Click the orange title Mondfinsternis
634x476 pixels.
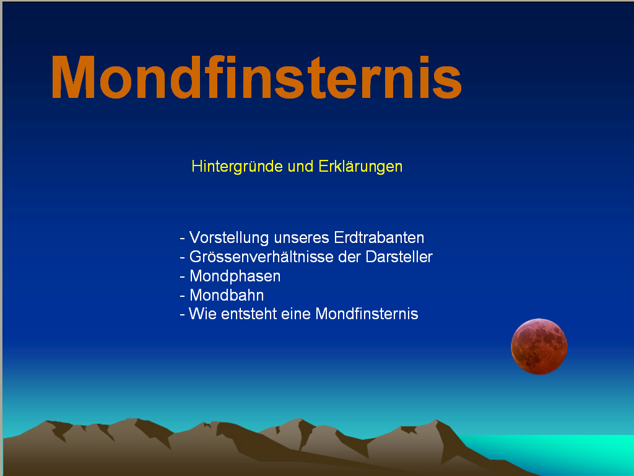(x=256, y=77)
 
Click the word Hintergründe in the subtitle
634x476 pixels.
(x=237, y=167)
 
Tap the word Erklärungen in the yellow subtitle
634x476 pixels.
(x=360, y=166)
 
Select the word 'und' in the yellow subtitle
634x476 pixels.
(x=300, y=166)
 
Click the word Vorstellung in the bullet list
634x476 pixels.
(x=229, y=237)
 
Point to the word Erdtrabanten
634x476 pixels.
(x=380, y=237)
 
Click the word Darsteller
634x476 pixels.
(x=399, y=257)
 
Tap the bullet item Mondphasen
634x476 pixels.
(x=235, y=276)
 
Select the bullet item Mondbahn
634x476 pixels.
(x=227, y=296)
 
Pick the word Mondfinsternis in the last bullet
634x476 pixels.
(x=367, y=314)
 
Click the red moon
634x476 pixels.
(x=539, y=346)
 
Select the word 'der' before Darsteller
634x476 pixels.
(x=350, y=257)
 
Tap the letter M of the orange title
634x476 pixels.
(x=73, y=77)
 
